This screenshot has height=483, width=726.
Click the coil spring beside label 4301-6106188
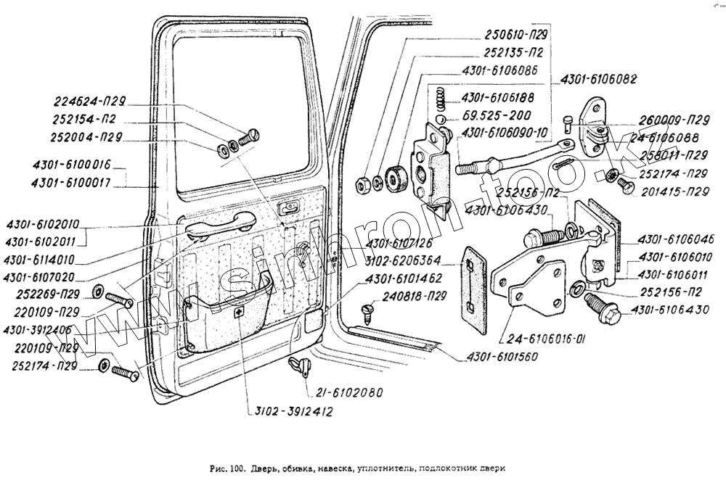(x=439, y=98)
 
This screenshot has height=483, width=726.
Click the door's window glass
(x=240, y=109)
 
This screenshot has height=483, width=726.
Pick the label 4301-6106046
(x=676, y=239)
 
